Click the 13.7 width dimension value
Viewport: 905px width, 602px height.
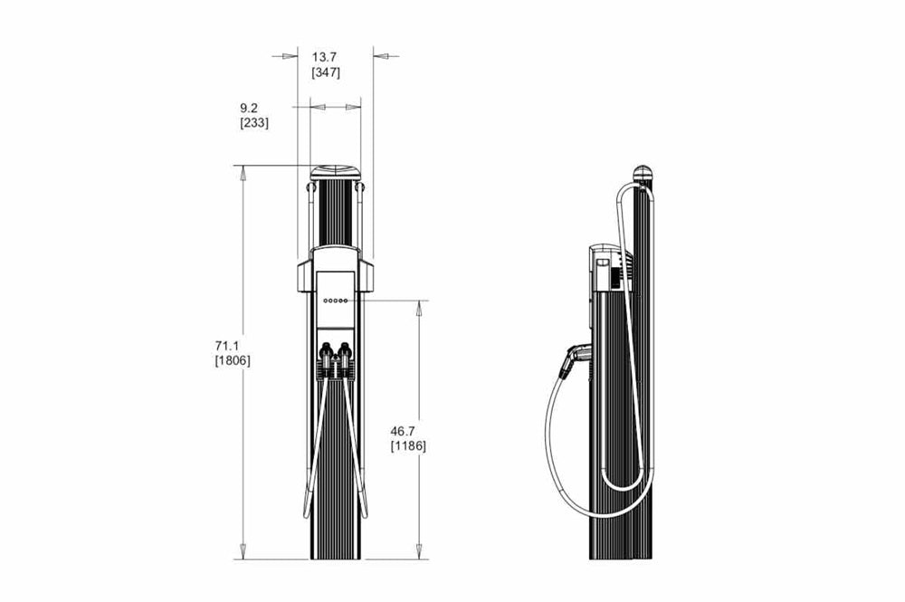[x=324, y=57]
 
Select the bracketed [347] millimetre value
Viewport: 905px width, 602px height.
[x=326, y=72]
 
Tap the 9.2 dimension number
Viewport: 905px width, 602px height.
[x=249, y=108]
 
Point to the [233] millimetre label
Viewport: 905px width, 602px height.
[x=254, y=123]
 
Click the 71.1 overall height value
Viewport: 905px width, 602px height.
[x=227, y=346]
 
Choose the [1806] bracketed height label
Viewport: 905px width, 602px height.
[x=233, y=361]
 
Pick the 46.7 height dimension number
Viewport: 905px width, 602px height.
[x=403, y=431]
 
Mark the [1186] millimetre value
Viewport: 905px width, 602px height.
[x=408, y=446]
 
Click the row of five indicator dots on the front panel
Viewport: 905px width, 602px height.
[x=336, y=301]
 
